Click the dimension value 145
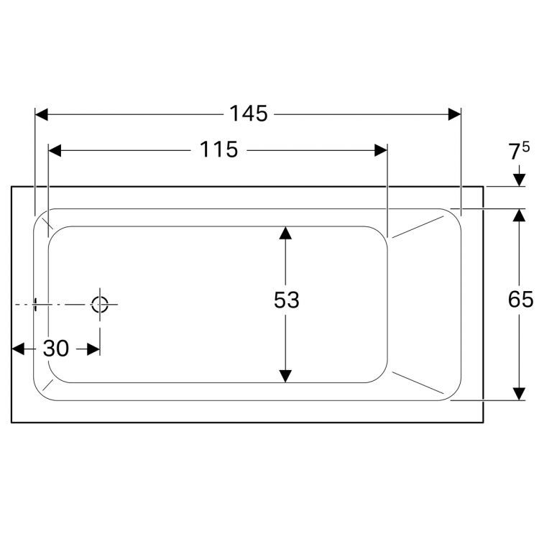(x=248, y=114)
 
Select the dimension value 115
(x=218, y=149)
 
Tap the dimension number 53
(x=286, y=300)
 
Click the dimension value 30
(x=56, y=349)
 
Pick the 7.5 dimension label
(x=518, y=152)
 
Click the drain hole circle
(x=99, y=304)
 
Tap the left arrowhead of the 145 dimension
(x=41, y=114)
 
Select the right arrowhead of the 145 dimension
(x=454, y=114)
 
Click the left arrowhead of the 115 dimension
(x=54, y=150)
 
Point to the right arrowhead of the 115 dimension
(x=381, y=150)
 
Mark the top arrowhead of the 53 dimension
(x=286, y=233)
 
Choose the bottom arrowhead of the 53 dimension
(x=286, y=376)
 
